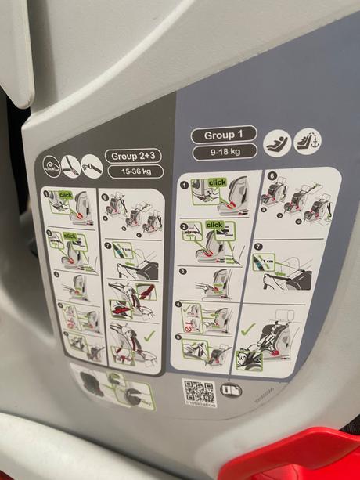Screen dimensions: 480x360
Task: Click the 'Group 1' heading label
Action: tap(223, 135)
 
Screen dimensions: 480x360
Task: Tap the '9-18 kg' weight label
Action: tap(223, 152)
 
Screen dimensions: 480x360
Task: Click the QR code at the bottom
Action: tap(198, 392)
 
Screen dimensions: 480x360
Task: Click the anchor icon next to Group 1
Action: tap(307, 141)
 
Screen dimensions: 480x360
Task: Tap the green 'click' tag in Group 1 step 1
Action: tap(218, 182)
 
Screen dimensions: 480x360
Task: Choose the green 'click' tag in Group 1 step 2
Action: tap(214, 225)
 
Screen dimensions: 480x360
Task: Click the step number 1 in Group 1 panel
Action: tap(185, 185)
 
